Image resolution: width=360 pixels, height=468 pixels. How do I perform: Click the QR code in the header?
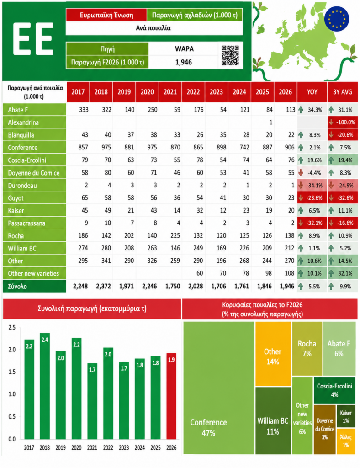[230, 55]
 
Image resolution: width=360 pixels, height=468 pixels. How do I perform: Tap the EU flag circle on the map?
[336, 18]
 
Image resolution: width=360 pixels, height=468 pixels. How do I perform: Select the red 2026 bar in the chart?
[171, 396]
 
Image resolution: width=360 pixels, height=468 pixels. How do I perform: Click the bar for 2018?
[45, 386]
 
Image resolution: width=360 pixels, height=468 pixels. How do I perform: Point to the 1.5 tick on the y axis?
[12, 372]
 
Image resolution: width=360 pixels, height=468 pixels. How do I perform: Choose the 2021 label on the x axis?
[92, 448]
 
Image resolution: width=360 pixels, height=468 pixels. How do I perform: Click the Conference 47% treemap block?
[219, 388]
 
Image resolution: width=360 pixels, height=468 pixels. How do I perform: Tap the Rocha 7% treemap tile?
[307, 349]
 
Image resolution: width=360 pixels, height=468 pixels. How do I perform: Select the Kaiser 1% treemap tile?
[346, 416]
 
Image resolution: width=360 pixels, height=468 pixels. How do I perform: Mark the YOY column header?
[312, 92]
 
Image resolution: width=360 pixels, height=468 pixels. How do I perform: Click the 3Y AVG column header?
[342, 92]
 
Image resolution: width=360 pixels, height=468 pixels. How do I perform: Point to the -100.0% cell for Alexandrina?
[342, 122]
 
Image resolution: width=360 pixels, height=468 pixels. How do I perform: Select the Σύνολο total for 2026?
[287, 287]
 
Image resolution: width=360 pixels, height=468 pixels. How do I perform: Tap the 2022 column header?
[193, 92]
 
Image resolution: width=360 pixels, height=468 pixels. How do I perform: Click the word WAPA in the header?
[184, 49]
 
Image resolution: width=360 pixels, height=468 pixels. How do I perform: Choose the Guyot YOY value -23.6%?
[312, 198]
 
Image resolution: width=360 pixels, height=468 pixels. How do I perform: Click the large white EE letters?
[33, 39]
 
